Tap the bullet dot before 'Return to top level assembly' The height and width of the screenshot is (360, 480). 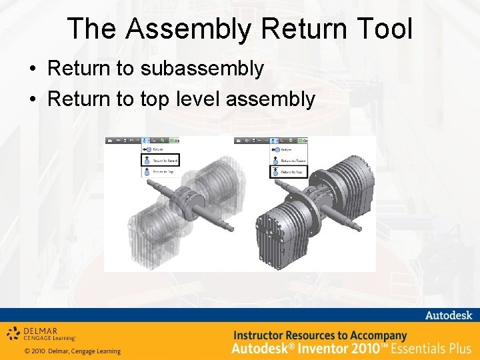point(32,100)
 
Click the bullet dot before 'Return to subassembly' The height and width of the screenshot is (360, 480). point(32,69)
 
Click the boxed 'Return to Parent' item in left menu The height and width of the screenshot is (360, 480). point(161,161)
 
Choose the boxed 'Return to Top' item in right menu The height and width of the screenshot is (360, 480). point(287,172)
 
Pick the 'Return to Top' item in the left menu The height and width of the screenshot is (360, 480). point(159,172)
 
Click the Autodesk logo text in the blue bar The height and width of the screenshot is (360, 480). point(448,315)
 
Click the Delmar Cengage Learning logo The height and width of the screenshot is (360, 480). point(41,333)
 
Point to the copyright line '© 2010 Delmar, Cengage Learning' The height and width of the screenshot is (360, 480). point(72,351)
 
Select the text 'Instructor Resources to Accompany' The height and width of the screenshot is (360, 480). point(319,335)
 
